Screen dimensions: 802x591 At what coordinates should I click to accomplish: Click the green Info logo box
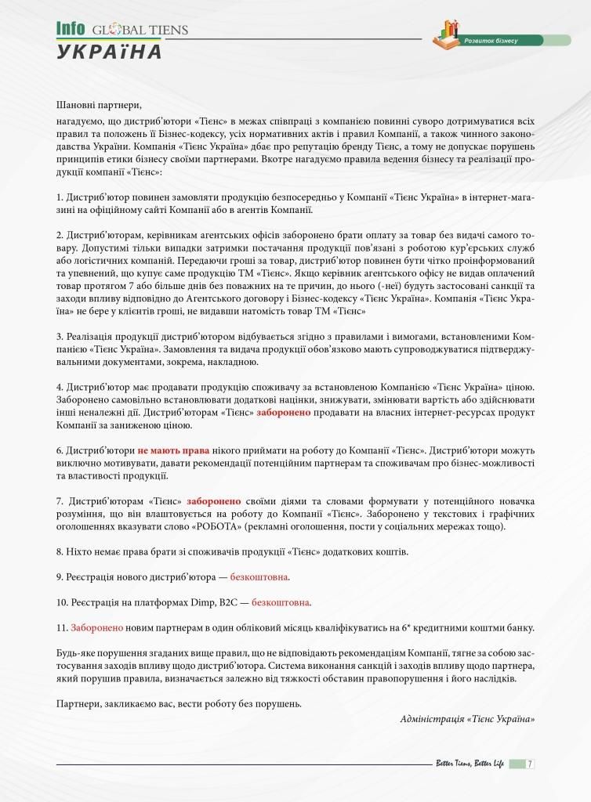pos(71,29)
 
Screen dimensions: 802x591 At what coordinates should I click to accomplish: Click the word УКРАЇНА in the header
pos(109,52)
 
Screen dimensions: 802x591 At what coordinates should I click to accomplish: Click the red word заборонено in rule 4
pos(284,412)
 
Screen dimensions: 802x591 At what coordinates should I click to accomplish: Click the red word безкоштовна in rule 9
pos(259,577)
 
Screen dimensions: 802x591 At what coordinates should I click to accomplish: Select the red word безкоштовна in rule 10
pos(281,602)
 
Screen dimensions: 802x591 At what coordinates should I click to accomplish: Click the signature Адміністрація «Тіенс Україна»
pos(467,718)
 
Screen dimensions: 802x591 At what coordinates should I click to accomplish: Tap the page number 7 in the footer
pos(531,764)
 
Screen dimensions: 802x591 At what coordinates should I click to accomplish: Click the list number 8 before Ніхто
pos(60,551)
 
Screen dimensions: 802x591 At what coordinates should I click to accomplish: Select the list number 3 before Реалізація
pos(60,336)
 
